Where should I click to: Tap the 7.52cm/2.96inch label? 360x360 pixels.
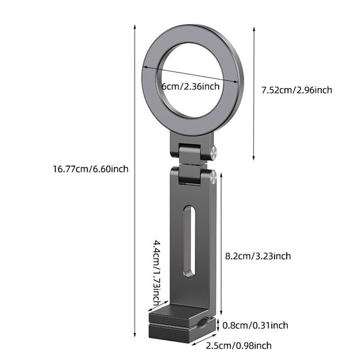[297, 90]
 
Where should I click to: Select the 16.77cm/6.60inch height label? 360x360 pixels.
[91, 169]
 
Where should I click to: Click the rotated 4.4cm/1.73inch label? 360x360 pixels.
[156, 273]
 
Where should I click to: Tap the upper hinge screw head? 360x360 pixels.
[212, 152]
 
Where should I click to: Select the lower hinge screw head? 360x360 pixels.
[212, 174]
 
